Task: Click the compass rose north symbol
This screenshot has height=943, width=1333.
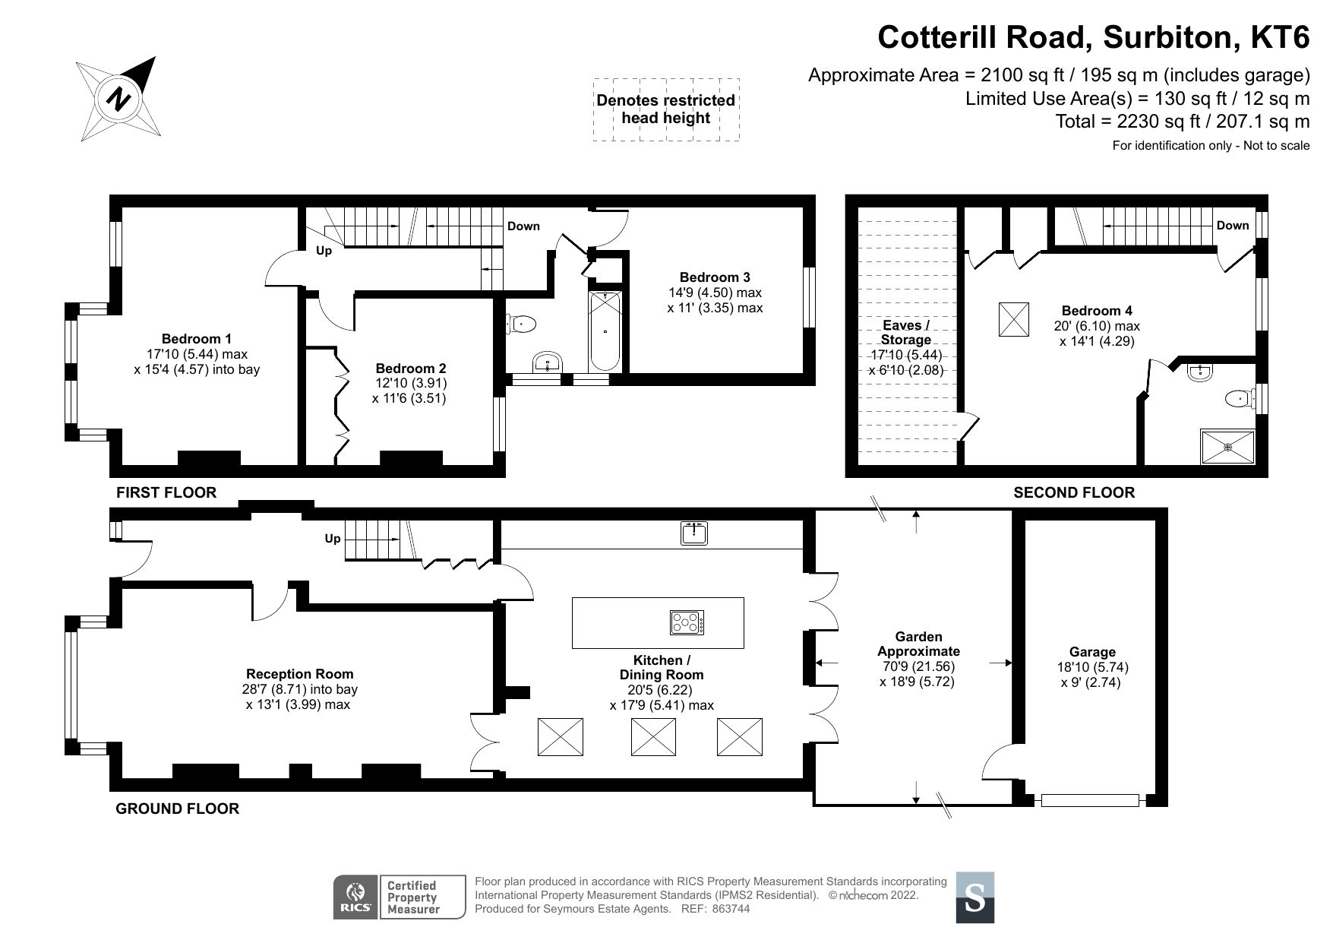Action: click(118, 98)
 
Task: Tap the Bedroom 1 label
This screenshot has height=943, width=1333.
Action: click(196, 339)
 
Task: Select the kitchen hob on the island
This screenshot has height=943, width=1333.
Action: click(687, 623)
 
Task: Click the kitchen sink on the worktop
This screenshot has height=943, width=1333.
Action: click(694, 533)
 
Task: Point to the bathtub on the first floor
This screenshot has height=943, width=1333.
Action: click(605, 331)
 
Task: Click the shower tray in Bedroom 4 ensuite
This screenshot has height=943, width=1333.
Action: click(1227, 447)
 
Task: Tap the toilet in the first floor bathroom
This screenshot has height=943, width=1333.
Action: click(522, 325)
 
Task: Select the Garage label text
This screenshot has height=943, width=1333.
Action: click(1091, 652)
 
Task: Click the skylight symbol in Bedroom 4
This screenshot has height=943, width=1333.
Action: click(1012, 318)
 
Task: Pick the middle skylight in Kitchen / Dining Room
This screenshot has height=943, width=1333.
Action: click(653, 737)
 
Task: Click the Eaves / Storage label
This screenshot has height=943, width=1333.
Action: click(905, 333)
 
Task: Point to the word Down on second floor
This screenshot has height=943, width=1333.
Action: click(1232, 226)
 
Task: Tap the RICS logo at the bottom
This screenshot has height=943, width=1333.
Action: click(355, 897)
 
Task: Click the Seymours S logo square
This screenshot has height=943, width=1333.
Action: click(974, 897)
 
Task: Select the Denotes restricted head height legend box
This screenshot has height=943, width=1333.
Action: click(665, 109)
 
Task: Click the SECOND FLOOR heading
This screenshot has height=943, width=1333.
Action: click(1073, 492)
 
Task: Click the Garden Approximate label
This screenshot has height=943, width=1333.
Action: click(918, 644)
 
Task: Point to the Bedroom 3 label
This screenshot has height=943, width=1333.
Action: click(715, 277)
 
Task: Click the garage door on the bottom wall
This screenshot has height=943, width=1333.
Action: click(1090, 800)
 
